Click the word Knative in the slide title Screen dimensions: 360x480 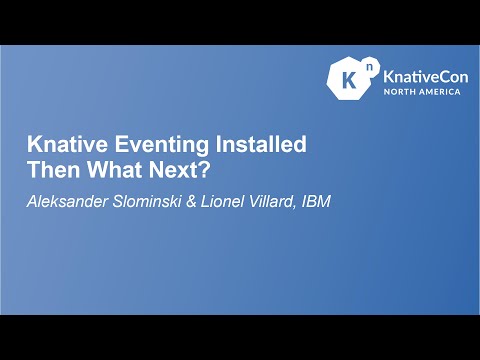61,145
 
